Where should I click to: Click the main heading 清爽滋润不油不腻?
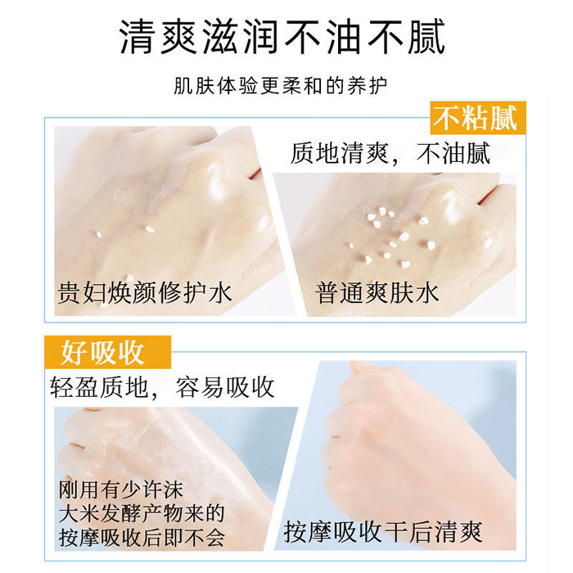[282, 37]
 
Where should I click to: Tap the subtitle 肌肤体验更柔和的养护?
[280, 86]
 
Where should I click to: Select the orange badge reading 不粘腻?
[478, 118]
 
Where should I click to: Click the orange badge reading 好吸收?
[107, 352]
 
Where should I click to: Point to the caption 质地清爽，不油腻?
[390, 154]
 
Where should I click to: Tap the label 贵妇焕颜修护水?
[145, 293]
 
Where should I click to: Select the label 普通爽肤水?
[377, 293]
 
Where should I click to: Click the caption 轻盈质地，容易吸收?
[162, 387]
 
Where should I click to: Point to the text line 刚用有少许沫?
[120, 490]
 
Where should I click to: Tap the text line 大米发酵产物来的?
[142, 513]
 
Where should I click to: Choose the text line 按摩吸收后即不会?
[142, 538]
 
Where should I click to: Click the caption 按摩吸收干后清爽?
[383, 532]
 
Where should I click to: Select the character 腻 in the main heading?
[426, 37]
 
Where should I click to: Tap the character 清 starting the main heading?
[138, 37]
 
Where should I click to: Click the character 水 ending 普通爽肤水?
[426, 293]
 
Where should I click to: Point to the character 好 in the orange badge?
[74, 352]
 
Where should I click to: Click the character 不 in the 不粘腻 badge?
[447, 118]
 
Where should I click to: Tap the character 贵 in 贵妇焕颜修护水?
[70, 293]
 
